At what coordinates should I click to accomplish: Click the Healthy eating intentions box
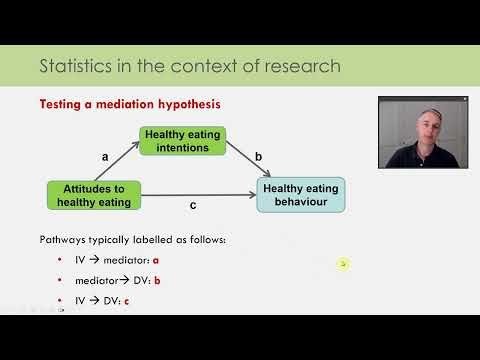182,141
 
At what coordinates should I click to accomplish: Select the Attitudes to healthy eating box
94,195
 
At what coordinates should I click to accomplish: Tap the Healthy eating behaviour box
300,194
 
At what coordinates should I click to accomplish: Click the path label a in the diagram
105,156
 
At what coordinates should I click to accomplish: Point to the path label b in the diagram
258,156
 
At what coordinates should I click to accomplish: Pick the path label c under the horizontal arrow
192,207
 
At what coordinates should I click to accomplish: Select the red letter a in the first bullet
155,261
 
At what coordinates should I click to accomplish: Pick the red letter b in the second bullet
157,281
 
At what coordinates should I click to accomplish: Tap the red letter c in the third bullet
127,300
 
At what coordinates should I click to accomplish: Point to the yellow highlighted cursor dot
343,264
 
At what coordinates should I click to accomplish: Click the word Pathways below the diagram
64,240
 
